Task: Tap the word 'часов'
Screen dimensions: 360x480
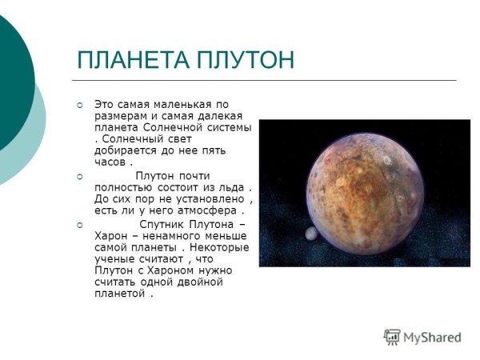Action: pos(111,163)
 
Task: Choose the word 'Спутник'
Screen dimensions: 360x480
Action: pos(167,224)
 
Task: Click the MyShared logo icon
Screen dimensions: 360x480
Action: pos(392,337)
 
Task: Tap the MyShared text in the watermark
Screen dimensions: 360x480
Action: pos(432,338)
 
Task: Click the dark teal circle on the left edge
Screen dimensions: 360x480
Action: pos(12,64)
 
